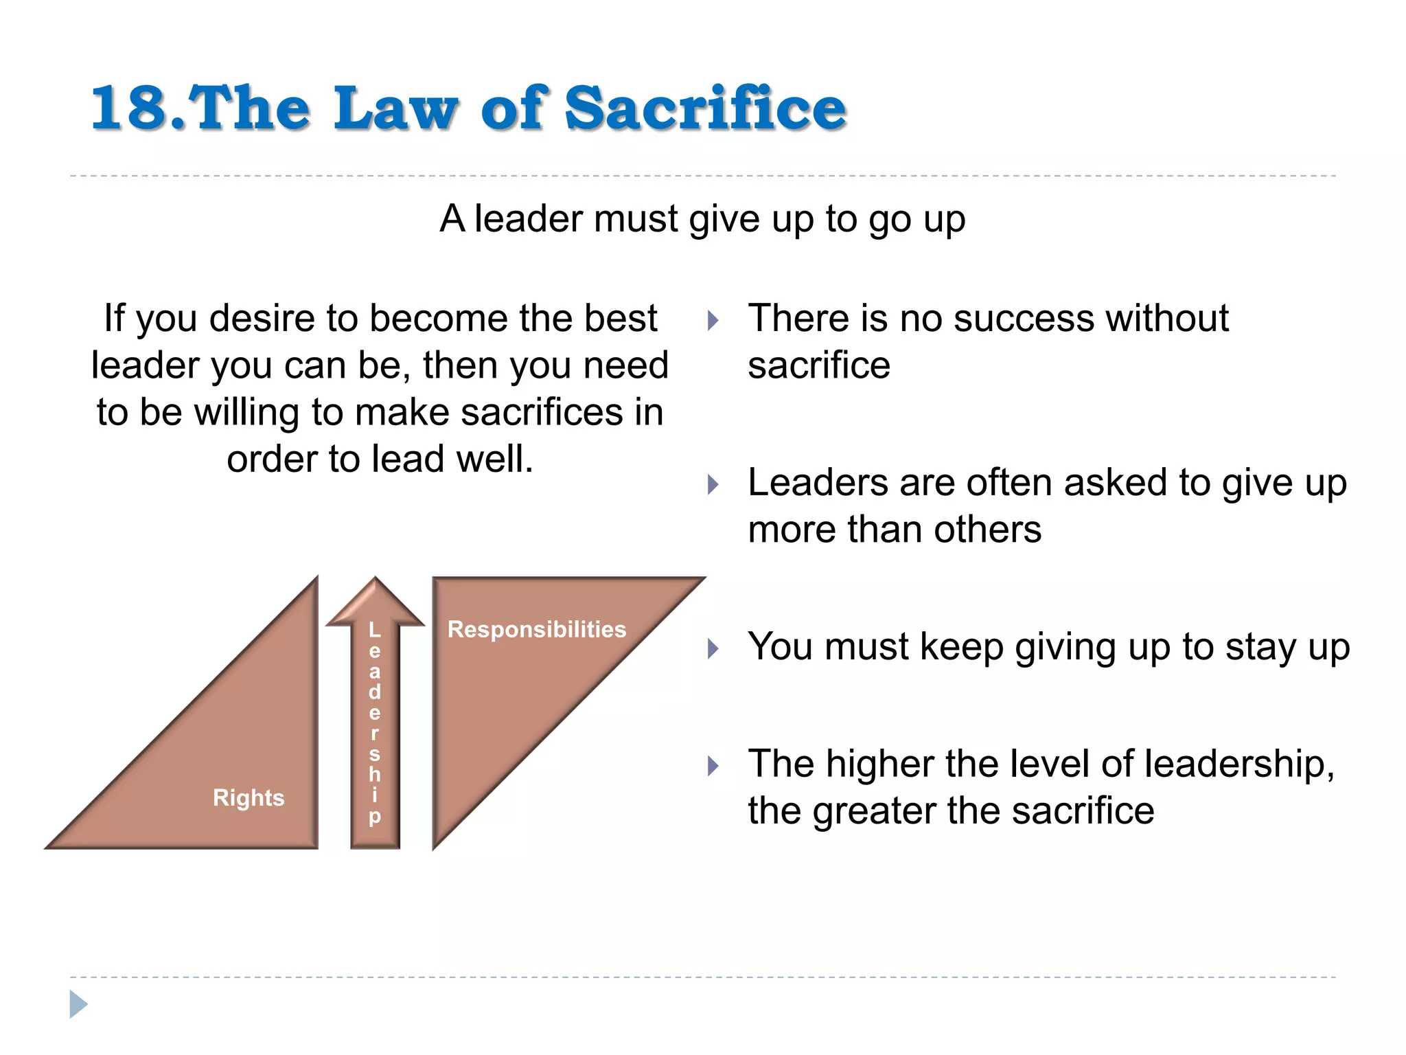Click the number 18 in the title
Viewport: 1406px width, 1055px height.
[x=129, y=109]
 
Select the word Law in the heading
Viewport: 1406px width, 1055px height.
[x=395, y=109]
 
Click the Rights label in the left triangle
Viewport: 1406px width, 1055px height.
[x=249, y=798]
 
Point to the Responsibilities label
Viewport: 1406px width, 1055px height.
[x=537, y=629]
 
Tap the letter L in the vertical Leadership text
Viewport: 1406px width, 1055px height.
[x=374, y=629]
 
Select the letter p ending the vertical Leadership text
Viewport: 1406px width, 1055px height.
[x=374, y=817]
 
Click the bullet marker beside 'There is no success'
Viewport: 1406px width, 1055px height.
[x=713, y=320]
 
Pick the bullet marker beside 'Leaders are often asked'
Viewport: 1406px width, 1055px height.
[x=713, y=485]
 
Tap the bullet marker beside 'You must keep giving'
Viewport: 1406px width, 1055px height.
[x=713, y=648]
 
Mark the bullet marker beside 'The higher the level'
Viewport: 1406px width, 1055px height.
[x=713, y=765]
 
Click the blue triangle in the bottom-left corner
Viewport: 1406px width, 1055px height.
[x=78, y=1004]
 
